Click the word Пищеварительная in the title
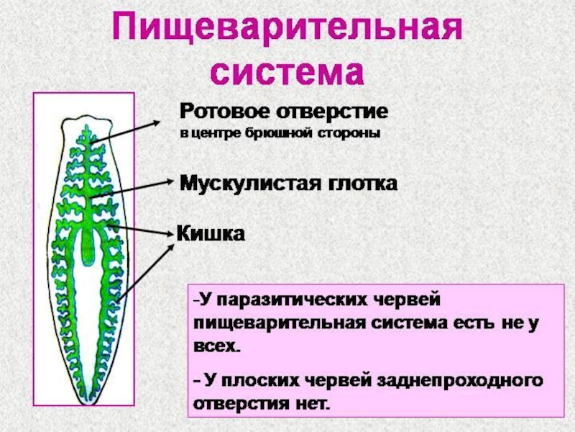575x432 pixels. pos(287,30)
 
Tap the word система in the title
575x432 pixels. pos(287,71)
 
